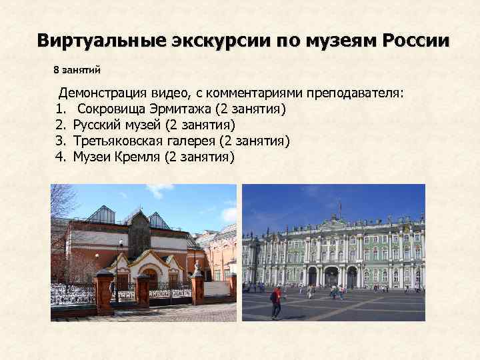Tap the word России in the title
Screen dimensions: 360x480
point(416,40)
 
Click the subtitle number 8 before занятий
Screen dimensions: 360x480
point(56,69)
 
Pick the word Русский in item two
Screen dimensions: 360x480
point(96,125)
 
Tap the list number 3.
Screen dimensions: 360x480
point(60,141)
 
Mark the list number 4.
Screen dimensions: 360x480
point(60,157)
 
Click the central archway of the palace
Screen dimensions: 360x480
point(332,276)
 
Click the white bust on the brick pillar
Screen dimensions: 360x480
point(197,266)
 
